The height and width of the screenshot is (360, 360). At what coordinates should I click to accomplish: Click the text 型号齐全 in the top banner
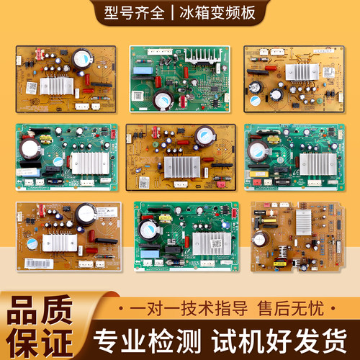click(135, 13)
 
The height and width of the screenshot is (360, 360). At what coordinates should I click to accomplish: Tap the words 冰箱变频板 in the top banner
click(217, 13)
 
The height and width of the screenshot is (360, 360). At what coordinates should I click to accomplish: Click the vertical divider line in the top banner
click(172, 13)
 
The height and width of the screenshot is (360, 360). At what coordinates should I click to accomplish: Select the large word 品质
click(40, 310)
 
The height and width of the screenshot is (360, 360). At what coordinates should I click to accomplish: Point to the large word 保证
click(40, 343)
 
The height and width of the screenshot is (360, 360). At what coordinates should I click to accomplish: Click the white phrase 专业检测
click(147, 341)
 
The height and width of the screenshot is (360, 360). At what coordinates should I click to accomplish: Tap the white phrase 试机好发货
click(279, 341)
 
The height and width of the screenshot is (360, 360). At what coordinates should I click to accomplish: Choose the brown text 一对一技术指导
click(189, 308)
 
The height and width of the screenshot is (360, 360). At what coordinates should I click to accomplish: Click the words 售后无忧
click(291, 308)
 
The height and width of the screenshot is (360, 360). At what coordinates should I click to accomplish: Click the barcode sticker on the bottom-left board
click(39, 264)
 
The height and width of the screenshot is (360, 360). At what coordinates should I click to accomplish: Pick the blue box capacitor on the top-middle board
click(143, 71)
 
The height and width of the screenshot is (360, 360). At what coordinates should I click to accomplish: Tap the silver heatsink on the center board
click(182, 167)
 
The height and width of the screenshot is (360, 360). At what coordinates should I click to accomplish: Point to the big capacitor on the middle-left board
click(30, 149)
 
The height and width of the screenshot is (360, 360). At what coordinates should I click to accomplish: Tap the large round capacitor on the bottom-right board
click(260, 239)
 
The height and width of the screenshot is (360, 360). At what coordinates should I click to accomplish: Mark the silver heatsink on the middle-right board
click(318, 164)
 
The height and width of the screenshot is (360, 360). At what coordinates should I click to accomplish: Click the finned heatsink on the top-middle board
click(203, 55)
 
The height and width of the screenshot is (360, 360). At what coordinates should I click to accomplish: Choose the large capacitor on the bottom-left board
click(86, 214)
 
